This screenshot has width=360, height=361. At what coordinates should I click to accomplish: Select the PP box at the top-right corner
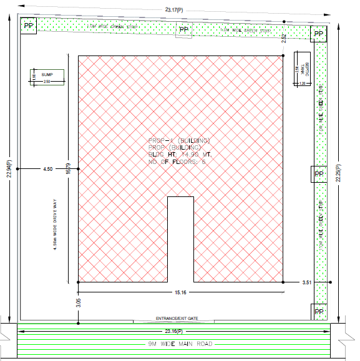(x=319, y=34)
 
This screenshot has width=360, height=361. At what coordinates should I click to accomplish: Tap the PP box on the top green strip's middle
(x=183, y=29)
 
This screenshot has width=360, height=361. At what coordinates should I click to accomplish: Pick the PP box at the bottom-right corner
(x=319, y=310)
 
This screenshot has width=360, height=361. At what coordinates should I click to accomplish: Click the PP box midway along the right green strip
(x=319, y=174)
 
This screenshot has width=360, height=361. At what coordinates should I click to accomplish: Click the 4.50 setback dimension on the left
(x=48, y=169)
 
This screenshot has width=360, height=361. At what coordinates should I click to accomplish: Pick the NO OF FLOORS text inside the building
(x=177, y=161)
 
